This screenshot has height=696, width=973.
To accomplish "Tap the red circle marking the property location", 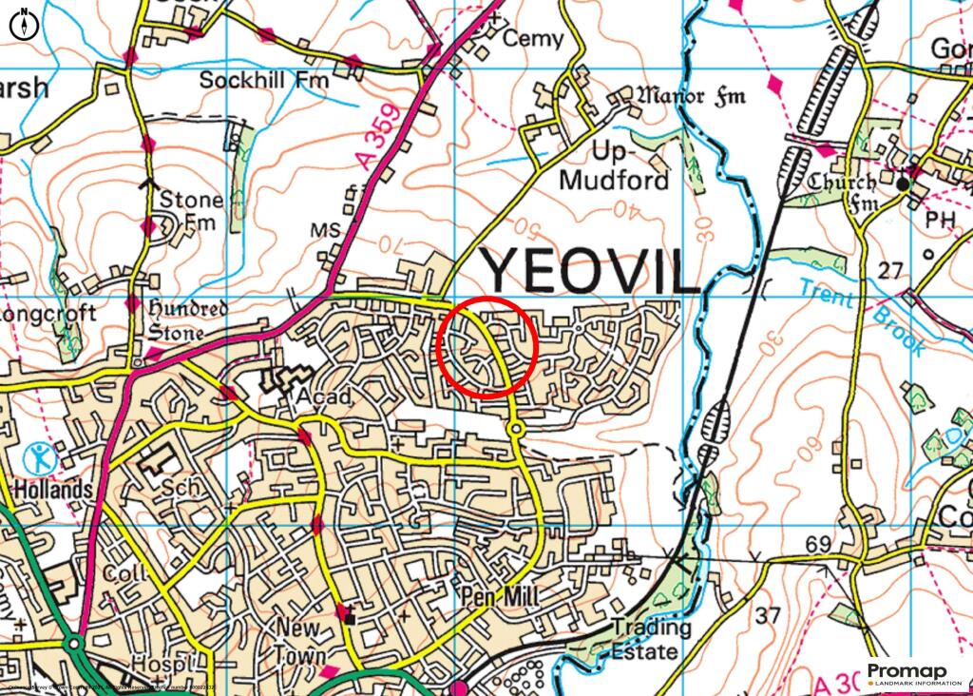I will [x=489, y=347].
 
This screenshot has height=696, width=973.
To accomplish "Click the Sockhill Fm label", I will [x=263, y=81].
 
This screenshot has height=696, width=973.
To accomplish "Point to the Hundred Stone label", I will [x=188, y=321].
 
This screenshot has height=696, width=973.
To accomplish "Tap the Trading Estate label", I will [x=651, y=640].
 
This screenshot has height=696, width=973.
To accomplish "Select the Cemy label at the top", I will [x=532, y=40].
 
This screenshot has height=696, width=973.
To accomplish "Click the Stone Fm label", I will [x=190, y=211].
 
